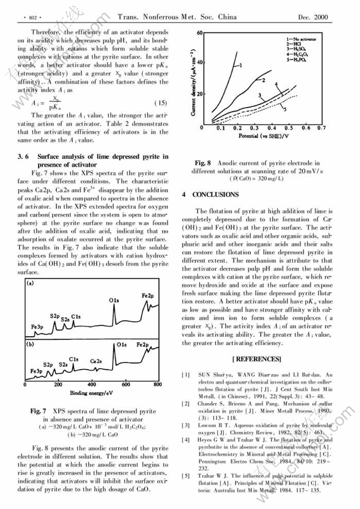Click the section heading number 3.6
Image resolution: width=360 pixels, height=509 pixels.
pyautogui.click(x=23, y=156)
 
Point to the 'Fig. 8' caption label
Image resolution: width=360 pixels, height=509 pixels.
pyautogui.click(x=203, y=163)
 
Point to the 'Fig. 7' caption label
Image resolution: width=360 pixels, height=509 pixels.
pyautogui.click(x=39, y=410)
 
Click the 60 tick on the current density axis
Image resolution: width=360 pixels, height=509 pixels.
pyautogui.click(x=199, y=32)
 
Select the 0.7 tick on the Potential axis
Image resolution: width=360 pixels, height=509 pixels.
pyautogui.click(x=321, y=128)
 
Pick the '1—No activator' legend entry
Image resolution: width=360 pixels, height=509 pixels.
pyautogui.click(x=303, y=39)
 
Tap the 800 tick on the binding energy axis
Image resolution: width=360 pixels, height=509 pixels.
pyautogui.click(x=157, y=385)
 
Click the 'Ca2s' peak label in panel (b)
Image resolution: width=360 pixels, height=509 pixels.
pyautogui.click(x=96, y=361)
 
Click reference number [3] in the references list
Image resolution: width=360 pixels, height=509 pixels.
pyautogui.click(x=186, y=425)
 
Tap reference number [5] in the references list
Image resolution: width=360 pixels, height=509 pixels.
pyautogui.click(x=186, y=476)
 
